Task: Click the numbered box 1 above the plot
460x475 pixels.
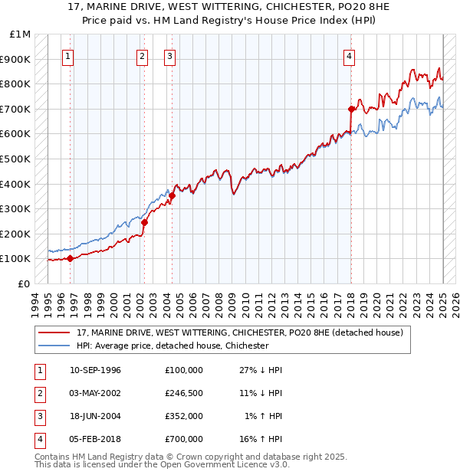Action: tap(68, 55)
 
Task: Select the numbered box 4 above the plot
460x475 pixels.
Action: tap(349, 55)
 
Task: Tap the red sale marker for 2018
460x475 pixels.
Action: tap(351, 109)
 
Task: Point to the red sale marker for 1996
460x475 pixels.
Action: tap(70, 258)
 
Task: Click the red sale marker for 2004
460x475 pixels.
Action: tap(172, 195)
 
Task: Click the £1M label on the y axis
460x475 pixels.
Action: tap(21, 34)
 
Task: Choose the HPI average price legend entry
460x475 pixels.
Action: tap(172, 346)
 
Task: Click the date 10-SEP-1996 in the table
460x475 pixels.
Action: tap(95, 370)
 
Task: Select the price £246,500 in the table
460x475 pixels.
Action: tap(183, 393)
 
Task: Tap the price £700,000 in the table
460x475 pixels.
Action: tap(183, 439)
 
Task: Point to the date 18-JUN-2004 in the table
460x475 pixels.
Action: tap(95, 416)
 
